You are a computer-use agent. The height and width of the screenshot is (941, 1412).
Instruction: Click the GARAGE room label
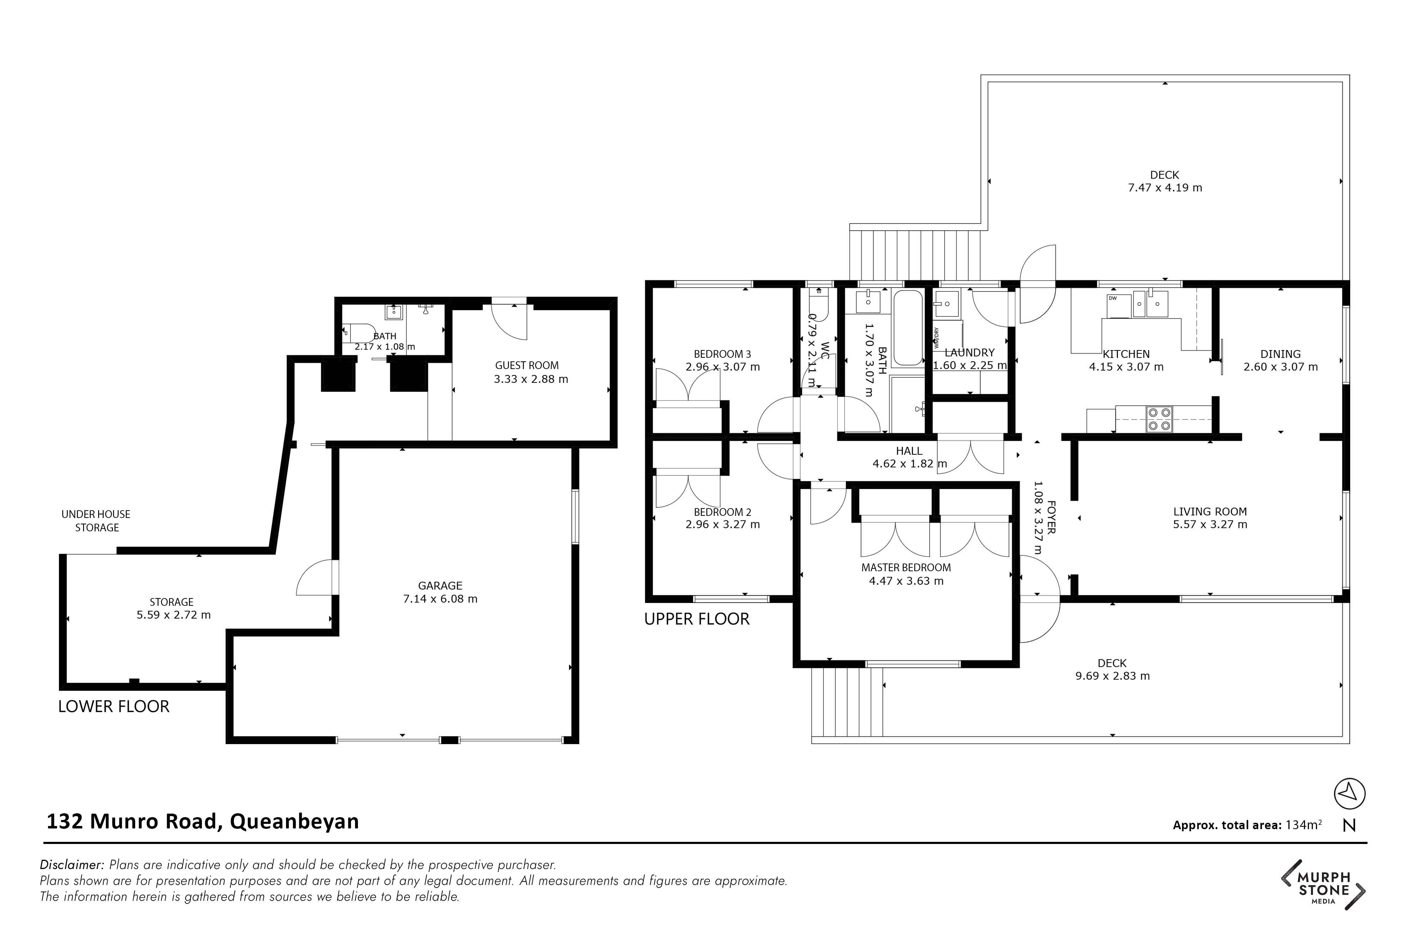click(x=440, y=586)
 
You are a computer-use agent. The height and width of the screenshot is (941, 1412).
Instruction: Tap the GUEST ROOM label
click(x=526, y=366)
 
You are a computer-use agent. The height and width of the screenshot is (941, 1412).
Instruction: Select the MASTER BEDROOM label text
click(x=906, y=568)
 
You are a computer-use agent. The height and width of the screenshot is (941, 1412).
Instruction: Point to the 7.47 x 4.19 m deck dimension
click(x=1165, y=188)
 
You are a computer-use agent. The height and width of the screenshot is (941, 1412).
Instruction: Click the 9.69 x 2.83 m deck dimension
click(x=1112, y=676)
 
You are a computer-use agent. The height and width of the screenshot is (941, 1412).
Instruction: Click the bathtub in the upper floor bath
click(x=908, y=328)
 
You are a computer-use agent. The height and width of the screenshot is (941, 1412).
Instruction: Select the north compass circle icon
click(x=1350, y=794)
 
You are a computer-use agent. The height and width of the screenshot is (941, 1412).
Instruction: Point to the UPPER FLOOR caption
click(x=697, y=619)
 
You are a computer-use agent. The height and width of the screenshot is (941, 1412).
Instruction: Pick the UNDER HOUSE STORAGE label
click(x=96, y=521)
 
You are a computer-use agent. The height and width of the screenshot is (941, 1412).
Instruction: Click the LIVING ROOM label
click(x=1210, y=512)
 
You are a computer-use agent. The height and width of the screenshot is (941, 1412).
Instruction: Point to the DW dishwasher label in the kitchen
click(x=1112, y=298)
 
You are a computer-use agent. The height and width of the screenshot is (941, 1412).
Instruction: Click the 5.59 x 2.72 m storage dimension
click(x=173, y=615)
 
